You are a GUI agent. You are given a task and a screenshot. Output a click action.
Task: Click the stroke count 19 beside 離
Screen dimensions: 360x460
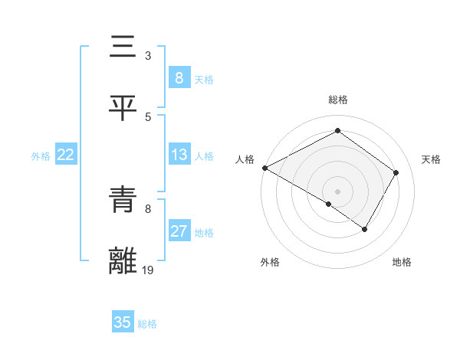pos(149,270)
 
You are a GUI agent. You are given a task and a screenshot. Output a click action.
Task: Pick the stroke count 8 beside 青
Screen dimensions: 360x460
pos(148,208)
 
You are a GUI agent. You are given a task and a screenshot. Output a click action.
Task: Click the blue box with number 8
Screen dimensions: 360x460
pos(179,78)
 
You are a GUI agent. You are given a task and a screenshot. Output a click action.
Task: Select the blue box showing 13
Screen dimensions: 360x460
pos(179,155)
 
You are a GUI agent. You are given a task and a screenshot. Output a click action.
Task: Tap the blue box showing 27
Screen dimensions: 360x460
pos(179,232)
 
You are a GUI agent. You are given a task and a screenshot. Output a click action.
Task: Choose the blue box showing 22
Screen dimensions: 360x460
pos(66,155)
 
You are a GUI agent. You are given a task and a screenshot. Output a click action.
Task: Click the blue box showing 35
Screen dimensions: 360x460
pos(122,322)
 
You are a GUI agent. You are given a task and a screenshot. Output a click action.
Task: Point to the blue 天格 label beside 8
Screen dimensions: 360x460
pos(204,80)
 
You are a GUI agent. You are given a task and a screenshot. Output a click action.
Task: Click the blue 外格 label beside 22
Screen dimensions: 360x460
pos(41,156)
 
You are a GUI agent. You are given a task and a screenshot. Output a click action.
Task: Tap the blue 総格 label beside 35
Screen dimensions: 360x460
pos(147,324)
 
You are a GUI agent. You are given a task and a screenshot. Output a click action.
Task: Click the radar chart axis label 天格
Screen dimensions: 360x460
pos(431,159)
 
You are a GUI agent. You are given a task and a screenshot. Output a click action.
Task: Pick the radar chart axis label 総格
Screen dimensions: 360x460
pos(338,100)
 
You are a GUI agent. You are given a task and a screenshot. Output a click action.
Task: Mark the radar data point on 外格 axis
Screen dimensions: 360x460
pos(329,204)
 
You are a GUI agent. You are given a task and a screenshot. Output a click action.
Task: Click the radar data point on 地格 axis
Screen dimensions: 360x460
pos(365,229)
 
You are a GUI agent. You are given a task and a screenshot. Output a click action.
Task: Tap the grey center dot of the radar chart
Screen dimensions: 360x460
pos(338,191)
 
